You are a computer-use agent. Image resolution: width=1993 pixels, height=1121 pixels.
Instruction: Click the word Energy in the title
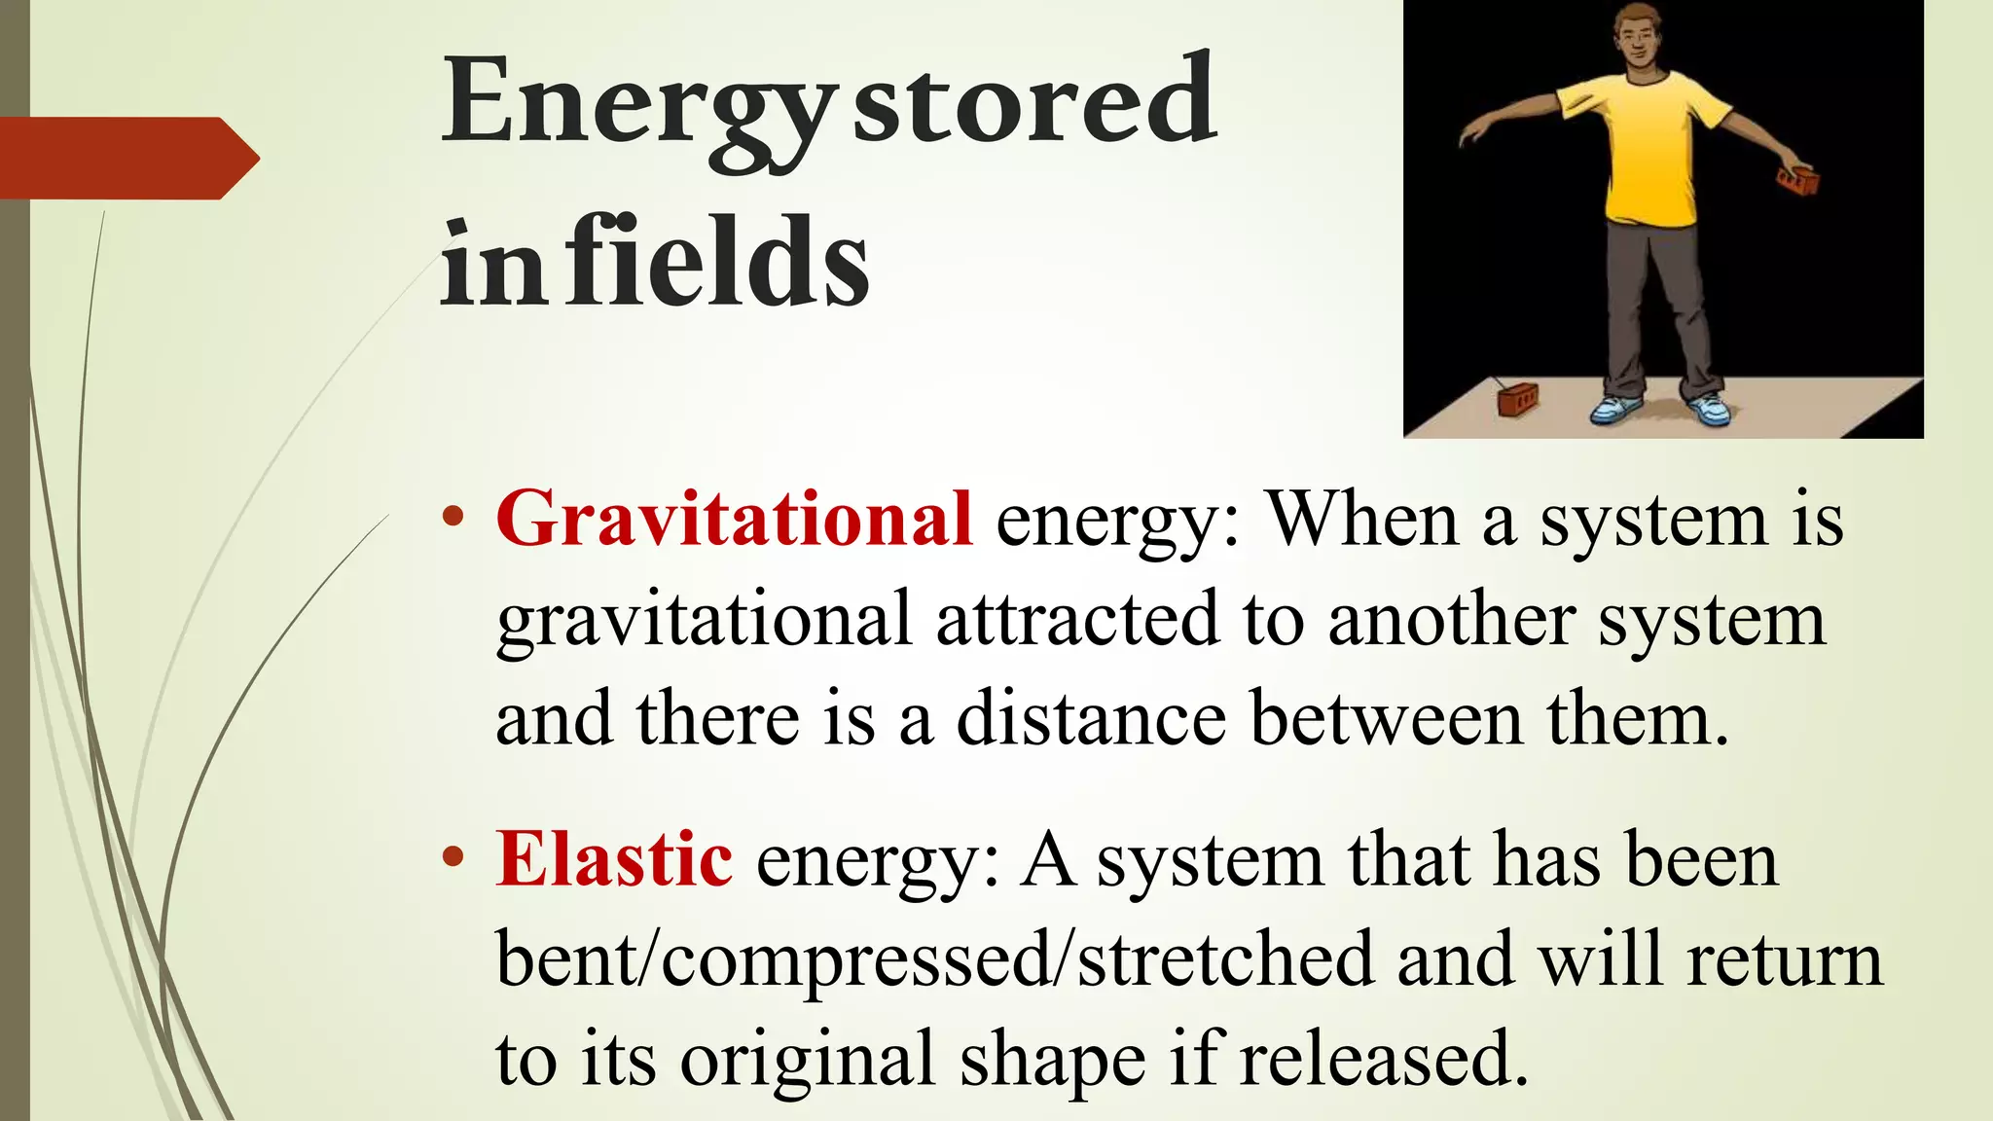pos(637,107)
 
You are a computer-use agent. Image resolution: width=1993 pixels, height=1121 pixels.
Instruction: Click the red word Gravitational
pos(734,519)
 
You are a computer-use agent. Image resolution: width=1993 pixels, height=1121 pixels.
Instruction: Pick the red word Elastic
pos(614,859)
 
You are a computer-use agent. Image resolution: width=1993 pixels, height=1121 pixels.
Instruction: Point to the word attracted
pos(1076,619)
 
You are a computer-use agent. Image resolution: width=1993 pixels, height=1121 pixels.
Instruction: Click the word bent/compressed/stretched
pos(934,959)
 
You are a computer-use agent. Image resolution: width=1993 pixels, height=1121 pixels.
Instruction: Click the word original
pos(807,1060)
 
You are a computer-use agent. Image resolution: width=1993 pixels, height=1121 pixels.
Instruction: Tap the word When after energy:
pos(1362,519)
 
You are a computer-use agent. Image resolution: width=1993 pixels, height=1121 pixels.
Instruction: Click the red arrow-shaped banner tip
pos(238,159)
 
